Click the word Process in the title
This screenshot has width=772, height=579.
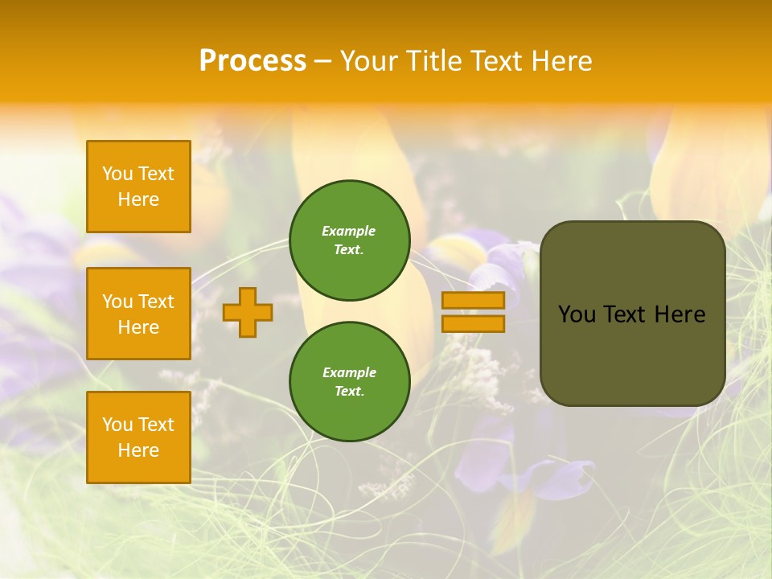pos(253,60)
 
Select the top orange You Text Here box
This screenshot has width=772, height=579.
pos(138,187)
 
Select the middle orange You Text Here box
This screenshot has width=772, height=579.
pos(138,314)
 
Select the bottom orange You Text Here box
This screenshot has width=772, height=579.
pos(138,437)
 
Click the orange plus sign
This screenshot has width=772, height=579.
pos(248,312)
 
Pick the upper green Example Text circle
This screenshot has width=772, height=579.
pos(350,240)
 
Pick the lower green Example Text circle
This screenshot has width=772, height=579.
pos(350,381)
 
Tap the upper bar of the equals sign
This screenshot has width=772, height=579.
pos(474,301)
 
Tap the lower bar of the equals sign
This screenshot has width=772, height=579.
pos(474,323)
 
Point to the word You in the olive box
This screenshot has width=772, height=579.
pos(577,314)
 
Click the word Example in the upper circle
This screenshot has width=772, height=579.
pos(349,231)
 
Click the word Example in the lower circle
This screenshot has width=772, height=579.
pos(349,372)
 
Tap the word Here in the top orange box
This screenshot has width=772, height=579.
pos(138,199)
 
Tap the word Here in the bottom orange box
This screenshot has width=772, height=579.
pos(138,450)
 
